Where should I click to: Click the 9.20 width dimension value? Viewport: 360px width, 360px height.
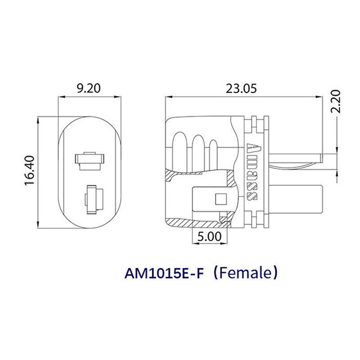click(x=89, y=89)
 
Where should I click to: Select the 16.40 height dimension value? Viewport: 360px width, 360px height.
click(x=30, y=170)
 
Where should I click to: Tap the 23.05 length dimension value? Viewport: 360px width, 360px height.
click(x=241, y=89)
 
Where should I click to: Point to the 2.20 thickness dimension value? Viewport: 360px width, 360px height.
click(x=335, y=101)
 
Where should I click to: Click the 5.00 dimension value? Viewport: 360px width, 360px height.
click(x=209, y=237)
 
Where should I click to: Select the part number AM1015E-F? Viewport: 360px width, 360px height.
click(x=164, y=273)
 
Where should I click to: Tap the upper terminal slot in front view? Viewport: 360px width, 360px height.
click(x=90, y=161)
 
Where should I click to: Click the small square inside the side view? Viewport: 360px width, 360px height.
click(x=221, y=199)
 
